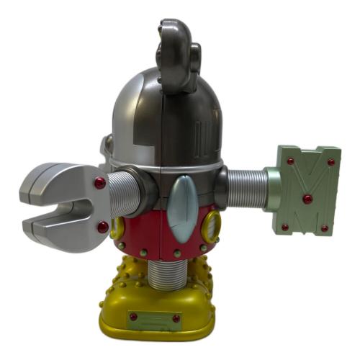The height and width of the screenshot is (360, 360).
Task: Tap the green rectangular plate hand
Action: click(x=307, y=191)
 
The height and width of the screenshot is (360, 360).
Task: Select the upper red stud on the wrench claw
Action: click(x=99, y=184)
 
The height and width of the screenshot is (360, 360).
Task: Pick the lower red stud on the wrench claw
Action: click(x=103, y=228)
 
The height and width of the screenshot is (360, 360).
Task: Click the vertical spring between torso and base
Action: click(x=171, y=277)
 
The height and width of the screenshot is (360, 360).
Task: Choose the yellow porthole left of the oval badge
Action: click(x=117, y=228)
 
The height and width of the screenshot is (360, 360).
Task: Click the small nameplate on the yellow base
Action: click(x=153, y=317)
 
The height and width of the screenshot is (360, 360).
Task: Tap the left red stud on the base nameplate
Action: click(x=132, y=317)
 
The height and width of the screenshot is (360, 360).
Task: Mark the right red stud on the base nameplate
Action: click(x=176, y=318)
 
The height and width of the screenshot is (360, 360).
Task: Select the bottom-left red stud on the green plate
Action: click(x=285, y=228)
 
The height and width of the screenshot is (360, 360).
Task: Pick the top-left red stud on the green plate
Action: click(x=290, y=161)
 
